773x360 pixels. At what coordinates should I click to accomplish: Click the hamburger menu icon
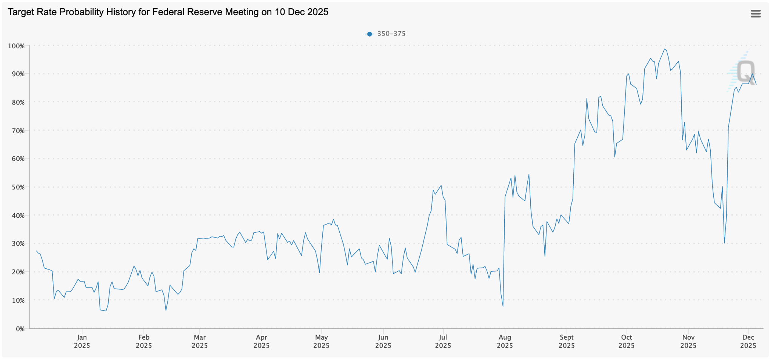[755, 14]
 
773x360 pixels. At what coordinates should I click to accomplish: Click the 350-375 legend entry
[385, 34]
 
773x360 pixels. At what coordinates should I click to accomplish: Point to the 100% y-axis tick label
[16, 46]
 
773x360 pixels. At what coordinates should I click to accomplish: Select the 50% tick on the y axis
[18, 187]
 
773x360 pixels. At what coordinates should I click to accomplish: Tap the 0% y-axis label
[20, 329]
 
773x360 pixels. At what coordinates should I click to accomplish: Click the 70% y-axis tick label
[18, 131]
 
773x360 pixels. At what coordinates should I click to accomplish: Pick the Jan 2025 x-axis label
[82, 341]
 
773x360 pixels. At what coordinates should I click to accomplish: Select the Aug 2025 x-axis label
[505, 341]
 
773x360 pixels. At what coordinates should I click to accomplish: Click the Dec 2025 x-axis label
[748, 341]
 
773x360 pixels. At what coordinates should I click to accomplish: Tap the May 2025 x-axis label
[321, 341]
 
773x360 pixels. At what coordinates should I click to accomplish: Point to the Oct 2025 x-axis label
[627, 341]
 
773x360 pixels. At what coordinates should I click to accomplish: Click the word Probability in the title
[82, 12]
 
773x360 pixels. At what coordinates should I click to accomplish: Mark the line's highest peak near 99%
[665, 49]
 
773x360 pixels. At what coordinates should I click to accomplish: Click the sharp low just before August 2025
[503, 306]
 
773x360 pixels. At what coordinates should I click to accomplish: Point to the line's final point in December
[756, 85]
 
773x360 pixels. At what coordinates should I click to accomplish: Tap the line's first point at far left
[36, 251]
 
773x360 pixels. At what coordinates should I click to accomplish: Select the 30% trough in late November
[724, 243]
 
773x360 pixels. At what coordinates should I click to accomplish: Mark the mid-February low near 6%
[166, 310]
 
